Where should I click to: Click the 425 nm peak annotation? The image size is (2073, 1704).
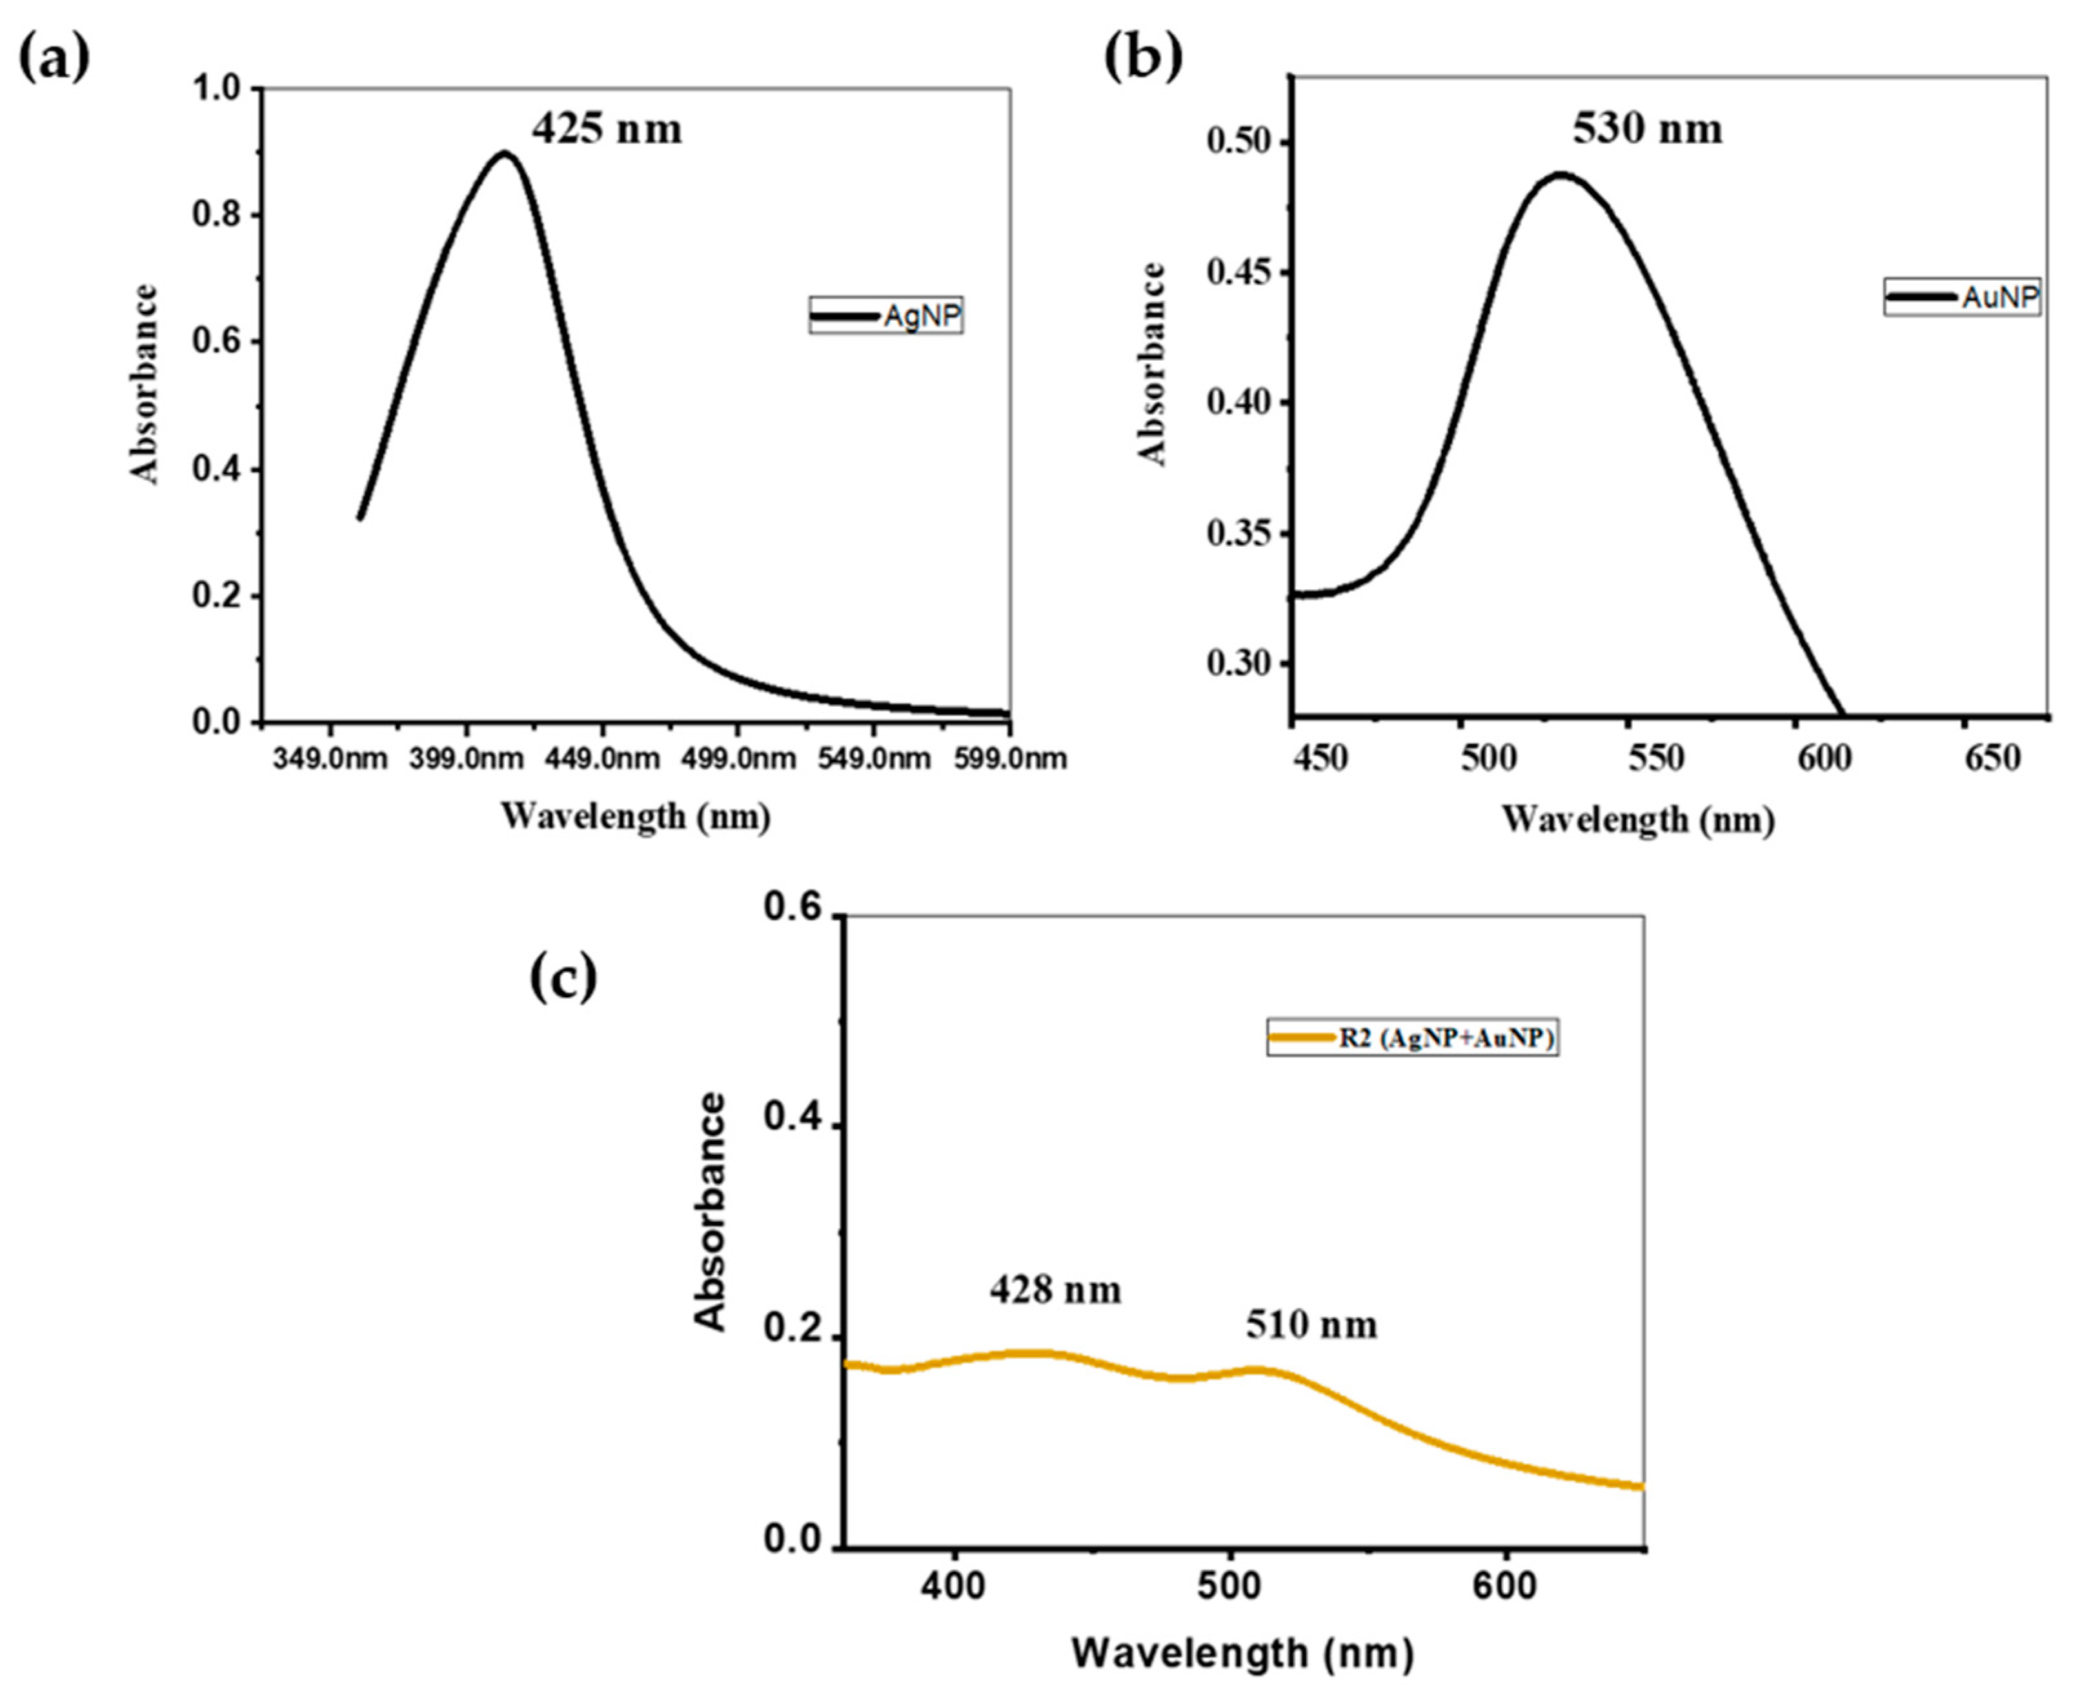[x=607, y=128]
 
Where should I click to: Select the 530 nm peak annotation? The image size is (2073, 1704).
[x=1647, y=128]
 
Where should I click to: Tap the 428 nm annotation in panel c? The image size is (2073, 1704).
[x=1055, y=1289]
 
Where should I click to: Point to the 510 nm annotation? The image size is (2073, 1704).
[x=1311, y=1325]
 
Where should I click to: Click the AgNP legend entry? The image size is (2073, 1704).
[x=885, y=316]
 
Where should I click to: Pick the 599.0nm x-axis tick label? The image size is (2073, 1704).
[x=1010, y=759]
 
